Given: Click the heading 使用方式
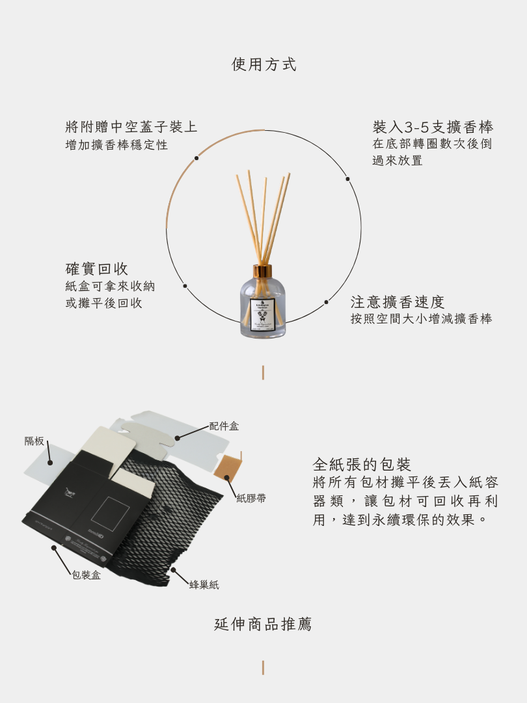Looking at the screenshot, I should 263,64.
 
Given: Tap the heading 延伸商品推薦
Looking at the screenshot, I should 263,624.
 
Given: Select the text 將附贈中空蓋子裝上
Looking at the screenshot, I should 131,126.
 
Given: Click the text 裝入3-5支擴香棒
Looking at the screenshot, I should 433,126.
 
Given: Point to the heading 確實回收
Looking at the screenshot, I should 97,269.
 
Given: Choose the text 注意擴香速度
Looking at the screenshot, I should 398,302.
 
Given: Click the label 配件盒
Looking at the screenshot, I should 224,426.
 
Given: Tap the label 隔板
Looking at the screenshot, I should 34,441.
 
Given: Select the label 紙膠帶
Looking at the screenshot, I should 250,498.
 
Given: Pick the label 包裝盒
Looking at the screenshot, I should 86,575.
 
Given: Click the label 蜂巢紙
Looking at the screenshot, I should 204,585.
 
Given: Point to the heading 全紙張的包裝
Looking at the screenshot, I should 362,464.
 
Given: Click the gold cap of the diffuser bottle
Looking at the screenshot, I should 263,271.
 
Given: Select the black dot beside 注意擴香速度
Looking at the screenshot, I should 327,302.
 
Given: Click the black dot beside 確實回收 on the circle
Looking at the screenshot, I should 185,286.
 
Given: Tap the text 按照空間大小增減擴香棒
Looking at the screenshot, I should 421,319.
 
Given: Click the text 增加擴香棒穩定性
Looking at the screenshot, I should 116,145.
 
